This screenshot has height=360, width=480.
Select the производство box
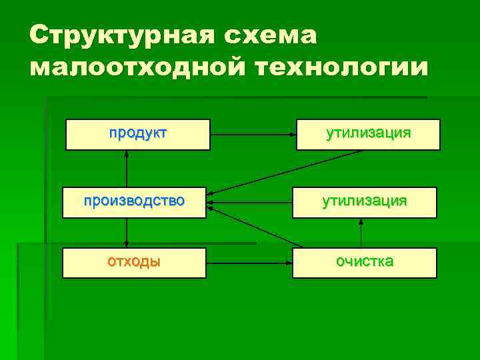(134, 202)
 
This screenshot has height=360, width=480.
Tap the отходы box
(134, 263)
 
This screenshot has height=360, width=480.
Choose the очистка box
(365, 263)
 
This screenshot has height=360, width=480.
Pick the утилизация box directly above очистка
(365, 202)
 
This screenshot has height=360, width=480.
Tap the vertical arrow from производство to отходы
(126, 233)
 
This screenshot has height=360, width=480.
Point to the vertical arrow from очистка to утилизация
(361, 233)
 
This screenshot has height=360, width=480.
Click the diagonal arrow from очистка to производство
(257, 229)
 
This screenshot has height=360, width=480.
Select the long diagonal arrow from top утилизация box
(287, 173)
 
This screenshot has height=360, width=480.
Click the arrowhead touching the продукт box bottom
(126, 154)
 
